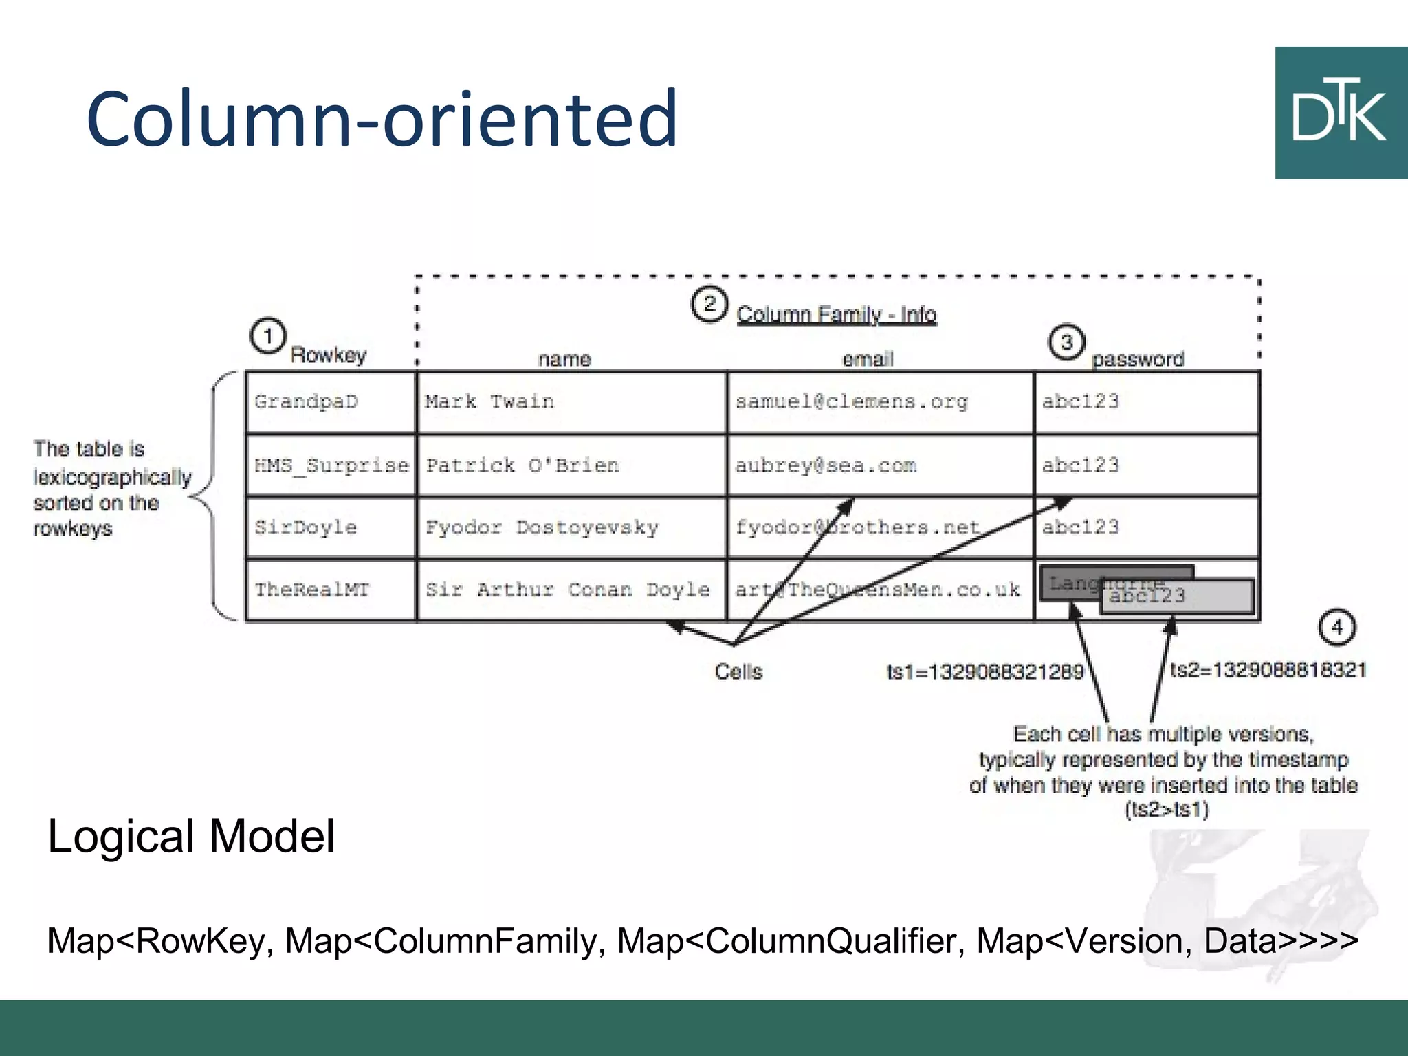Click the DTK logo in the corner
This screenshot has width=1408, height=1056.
[1341, 113]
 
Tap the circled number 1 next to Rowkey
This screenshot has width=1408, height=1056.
[267, 336]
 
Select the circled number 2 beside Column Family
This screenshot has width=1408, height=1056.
[709, 305]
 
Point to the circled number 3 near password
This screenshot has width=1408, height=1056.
[1066, 342]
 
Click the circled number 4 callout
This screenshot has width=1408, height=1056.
[1336, 627]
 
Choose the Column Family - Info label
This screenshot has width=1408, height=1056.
[836, 315]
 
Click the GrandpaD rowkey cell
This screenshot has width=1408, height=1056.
[331, 402]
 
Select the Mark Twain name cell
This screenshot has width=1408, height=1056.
[571, 402]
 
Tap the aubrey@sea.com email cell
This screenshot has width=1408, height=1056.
[880, 465]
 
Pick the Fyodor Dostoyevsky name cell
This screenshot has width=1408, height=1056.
[571, 527]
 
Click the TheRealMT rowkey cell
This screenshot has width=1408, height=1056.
[331, 590]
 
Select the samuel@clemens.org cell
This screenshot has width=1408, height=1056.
[880, 402]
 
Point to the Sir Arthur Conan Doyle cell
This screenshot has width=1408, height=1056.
[571, 590]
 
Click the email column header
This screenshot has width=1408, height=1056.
[868, 359]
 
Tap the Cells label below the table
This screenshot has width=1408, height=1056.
[738, 672]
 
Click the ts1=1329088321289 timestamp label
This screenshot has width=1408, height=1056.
[984, 672]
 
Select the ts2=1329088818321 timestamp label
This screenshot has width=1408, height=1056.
[1268, 670]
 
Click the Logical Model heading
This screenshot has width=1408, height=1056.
[191, 836]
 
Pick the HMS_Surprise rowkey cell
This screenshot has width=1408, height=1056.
[331, 465]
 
